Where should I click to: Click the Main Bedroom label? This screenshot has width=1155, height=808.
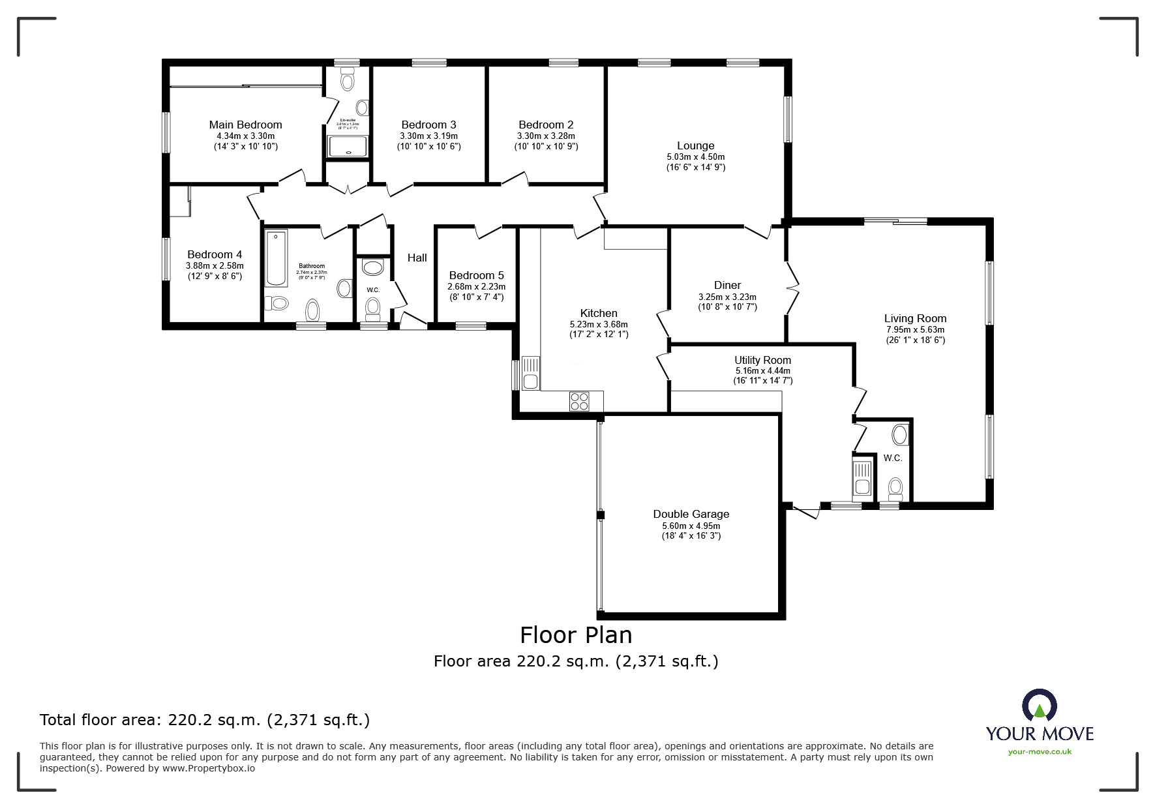[245, 125]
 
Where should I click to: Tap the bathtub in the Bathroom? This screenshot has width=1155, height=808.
[277, 258]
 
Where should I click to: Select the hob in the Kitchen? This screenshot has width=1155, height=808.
[579, 401]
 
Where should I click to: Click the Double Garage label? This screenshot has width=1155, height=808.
[691, 514]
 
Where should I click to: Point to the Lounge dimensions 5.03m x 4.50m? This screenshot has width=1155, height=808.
[695, 157]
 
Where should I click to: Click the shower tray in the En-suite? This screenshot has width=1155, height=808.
[348, 146]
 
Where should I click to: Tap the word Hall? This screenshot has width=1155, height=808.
[417, 258]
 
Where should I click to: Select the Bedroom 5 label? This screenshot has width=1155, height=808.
[476, 275]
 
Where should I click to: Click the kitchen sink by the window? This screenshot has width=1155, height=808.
[530, 373]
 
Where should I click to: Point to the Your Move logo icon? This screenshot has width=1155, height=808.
[1040, 706]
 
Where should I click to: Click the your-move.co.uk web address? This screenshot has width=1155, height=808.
[1040, 752]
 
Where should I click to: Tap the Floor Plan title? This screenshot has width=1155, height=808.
[575, 635]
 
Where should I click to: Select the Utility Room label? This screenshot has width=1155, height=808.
[762, 360]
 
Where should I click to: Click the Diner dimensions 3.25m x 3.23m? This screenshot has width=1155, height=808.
[727, 296]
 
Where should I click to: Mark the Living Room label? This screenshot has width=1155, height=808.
[915, 318]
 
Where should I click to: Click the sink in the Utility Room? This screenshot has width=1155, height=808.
[862, 479]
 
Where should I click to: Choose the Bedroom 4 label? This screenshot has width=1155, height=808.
[215, 254]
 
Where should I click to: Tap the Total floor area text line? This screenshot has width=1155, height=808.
[205, 720]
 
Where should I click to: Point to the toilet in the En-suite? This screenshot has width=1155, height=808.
[347, 81]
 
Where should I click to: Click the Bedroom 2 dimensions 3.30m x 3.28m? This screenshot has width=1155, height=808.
[546, 136]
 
